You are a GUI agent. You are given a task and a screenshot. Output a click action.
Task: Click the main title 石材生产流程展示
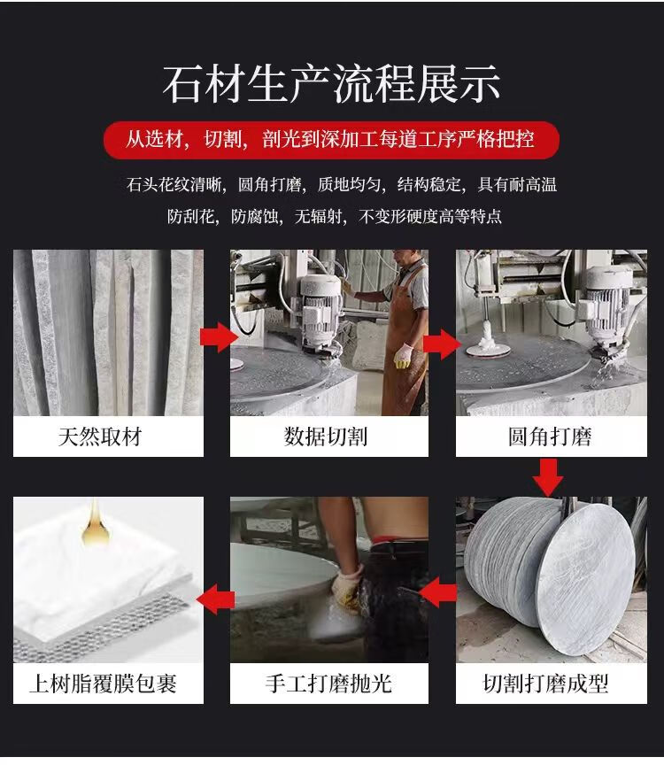pyautogui.click(x=331, y=84)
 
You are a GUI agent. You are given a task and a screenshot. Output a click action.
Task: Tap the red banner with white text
pyautogui.click(x=331, y=140)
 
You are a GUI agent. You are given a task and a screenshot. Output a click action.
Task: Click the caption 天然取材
pyautogui.click(x=100, y=437)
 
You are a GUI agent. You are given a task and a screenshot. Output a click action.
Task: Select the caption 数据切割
pyautogui.click(x=326, y=437)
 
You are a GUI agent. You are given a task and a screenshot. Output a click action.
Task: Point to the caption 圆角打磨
pyautogui.click(x=550, y=437)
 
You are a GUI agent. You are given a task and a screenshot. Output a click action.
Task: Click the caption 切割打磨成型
pyautogui.click(x=546, y=684)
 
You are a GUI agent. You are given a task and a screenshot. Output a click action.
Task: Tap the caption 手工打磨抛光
pyautogui.click(x=328, y=684)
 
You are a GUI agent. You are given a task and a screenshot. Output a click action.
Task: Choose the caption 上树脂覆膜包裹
pyautogui.click(x=103, y=684)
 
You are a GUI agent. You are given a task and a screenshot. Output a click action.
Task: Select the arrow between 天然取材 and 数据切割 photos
pyautogui.click(x=219, y=336)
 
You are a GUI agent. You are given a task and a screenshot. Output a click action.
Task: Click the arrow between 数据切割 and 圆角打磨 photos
pyautogui.click(x=442, y=344)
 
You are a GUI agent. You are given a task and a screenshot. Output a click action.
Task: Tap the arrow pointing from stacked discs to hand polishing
pyautogui.click(x=438, y=591)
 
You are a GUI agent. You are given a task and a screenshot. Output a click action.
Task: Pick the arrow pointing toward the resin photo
pyautogui.click(x=216, y=599)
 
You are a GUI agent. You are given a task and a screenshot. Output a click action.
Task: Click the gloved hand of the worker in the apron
pyautogui.click(x=403, y=356)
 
